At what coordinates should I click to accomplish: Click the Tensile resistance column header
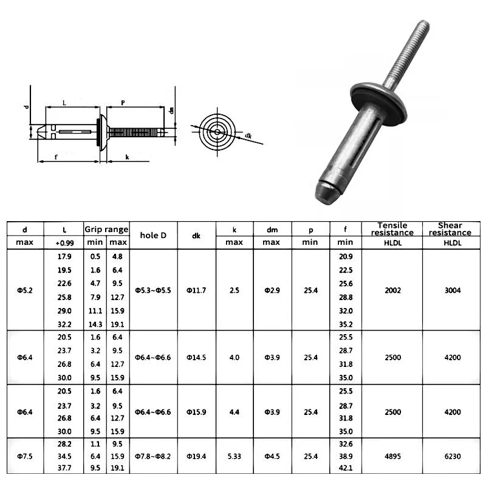click(392, 229)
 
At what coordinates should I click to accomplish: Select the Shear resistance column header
click(450, 229)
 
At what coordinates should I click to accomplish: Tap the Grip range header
click(106, 230)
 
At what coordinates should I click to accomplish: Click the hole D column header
click(153, 235)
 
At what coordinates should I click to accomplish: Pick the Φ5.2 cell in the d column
click(25, 290)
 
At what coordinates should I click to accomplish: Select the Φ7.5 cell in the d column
click(25, 456)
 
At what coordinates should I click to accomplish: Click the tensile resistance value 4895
click(392, 456)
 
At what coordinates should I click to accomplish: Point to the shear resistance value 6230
click(453, 456)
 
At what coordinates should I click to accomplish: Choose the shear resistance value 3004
click(453, 290)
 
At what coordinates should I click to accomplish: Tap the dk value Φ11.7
click(196, 290)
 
